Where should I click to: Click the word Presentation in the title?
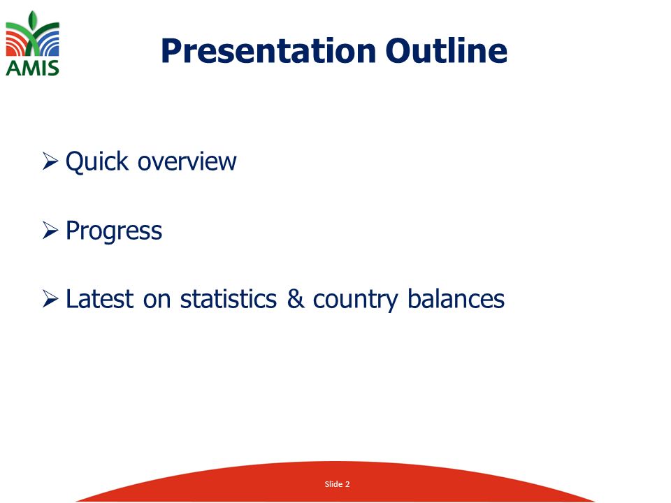[268, 51]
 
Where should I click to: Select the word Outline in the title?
[447, 50]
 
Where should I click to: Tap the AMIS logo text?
[33, 68]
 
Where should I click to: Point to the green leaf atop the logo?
[33, 22]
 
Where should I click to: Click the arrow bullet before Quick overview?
[50, 161]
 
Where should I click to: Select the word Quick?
[97, 161]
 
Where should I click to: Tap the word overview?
[187, 161]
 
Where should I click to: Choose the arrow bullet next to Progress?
[50, 230]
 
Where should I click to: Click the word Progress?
[114, 232]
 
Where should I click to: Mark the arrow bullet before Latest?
[50, 298]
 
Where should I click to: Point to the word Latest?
[100, 298]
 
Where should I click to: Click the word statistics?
[229, 298]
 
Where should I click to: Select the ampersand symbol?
[295, 298]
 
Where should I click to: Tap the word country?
[356, 300]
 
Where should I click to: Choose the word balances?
[456, 298]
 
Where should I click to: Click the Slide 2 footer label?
[337, 484]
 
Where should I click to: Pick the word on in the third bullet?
[157, 300]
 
